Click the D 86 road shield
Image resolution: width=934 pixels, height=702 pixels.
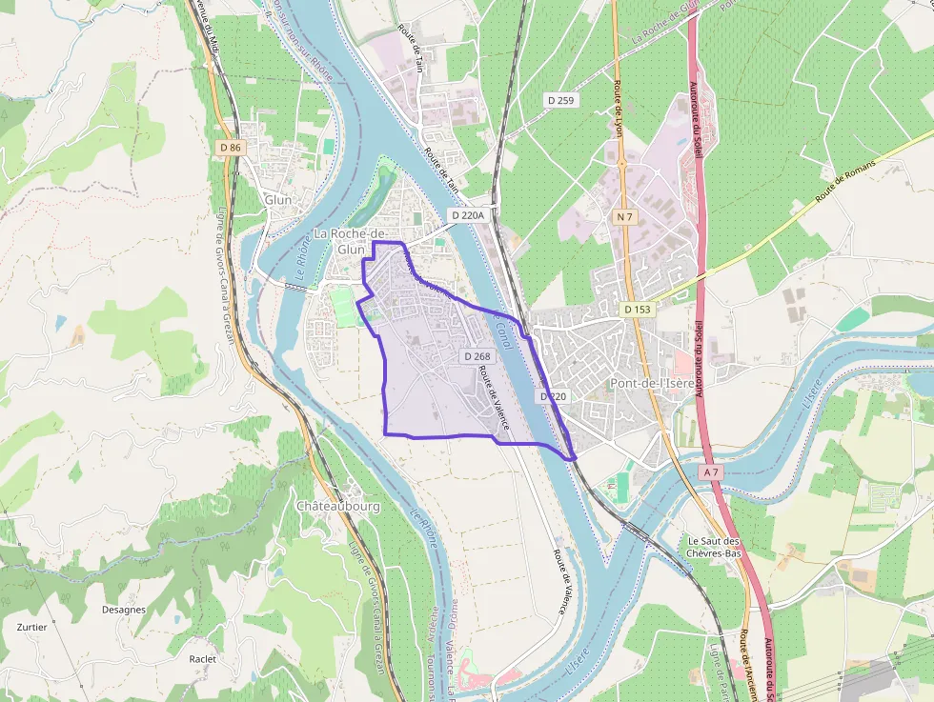(x=231, y=148)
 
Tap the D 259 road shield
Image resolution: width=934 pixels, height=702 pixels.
(x=560, y=99)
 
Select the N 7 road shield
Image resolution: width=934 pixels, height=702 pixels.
(x=624, y=217)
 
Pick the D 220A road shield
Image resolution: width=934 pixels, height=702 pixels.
(x=468, y=215)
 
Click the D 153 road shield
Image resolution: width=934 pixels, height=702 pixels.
(x=638, y=310)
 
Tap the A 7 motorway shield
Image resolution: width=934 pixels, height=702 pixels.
(x=712, y=471)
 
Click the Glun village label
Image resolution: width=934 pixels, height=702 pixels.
(x=278, y=200)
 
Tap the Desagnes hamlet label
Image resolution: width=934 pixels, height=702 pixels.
(x=124, y=610)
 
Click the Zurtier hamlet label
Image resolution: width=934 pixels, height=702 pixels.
(x=31, y=628)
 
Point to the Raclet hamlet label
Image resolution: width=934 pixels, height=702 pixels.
(x=203, y=659)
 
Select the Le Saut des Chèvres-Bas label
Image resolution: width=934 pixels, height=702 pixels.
(x=715, y=547)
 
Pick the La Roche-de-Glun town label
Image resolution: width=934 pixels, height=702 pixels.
(x=349, y=241)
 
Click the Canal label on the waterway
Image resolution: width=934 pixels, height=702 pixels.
(x=504, y=334)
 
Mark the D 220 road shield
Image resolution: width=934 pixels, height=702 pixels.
(x=553, y=395)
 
